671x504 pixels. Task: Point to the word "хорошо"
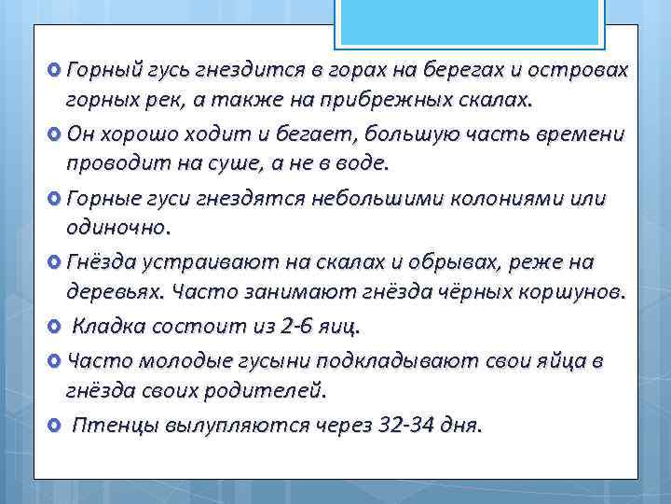pos(139,134)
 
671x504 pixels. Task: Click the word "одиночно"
pos(116,226)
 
